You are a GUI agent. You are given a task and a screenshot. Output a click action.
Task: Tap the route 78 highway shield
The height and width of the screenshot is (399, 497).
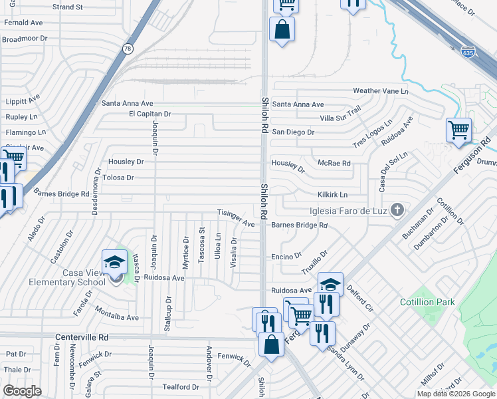coord(127,49)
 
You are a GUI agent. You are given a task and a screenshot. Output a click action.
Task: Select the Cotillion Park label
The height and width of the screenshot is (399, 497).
coord(427,302)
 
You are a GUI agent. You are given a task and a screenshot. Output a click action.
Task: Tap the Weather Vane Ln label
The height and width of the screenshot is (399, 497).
coord(381,90)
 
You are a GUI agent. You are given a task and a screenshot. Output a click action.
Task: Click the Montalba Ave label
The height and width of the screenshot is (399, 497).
coord(117,315)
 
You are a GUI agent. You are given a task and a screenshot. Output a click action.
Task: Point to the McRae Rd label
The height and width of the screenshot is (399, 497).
coord(334,163)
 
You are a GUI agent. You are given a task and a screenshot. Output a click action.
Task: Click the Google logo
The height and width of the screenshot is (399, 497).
coord(23,390)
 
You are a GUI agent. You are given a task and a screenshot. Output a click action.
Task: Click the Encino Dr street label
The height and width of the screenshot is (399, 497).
coord(286,255)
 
